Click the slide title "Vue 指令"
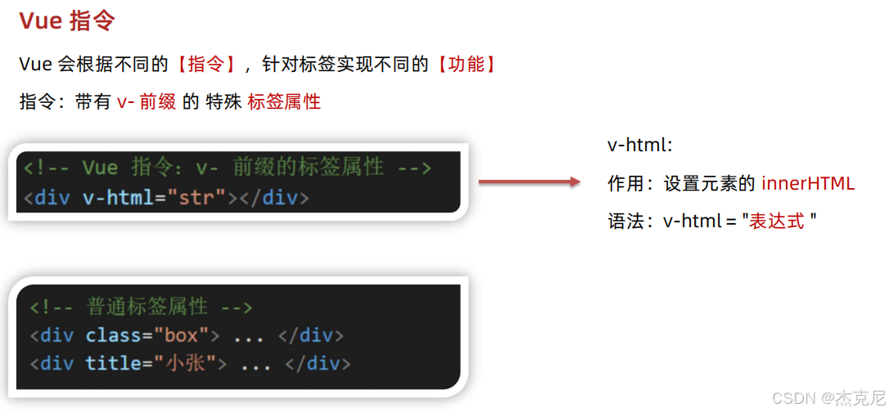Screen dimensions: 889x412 click(x=66, y=21)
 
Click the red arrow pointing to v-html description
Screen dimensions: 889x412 click(x=528, y=182)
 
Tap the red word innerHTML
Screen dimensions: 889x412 click(x=807, y=183)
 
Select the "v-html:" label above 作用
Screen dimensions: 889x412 click(x=639, y=146)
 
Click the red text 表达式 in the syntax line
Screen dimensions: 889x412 click(x=777, y=221)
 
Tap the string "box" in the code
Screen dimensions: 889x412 click(x=181, y=335)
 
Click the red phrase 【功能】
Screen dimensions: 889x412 click(x=466, y=65)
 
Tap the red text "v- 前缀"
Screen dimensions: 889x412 click(x=147, y=102)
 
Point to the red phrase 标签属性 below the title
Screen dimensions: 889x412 click(x=283, y=102)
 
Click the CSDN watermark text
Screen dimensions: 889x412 click(x=828, y=397)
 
